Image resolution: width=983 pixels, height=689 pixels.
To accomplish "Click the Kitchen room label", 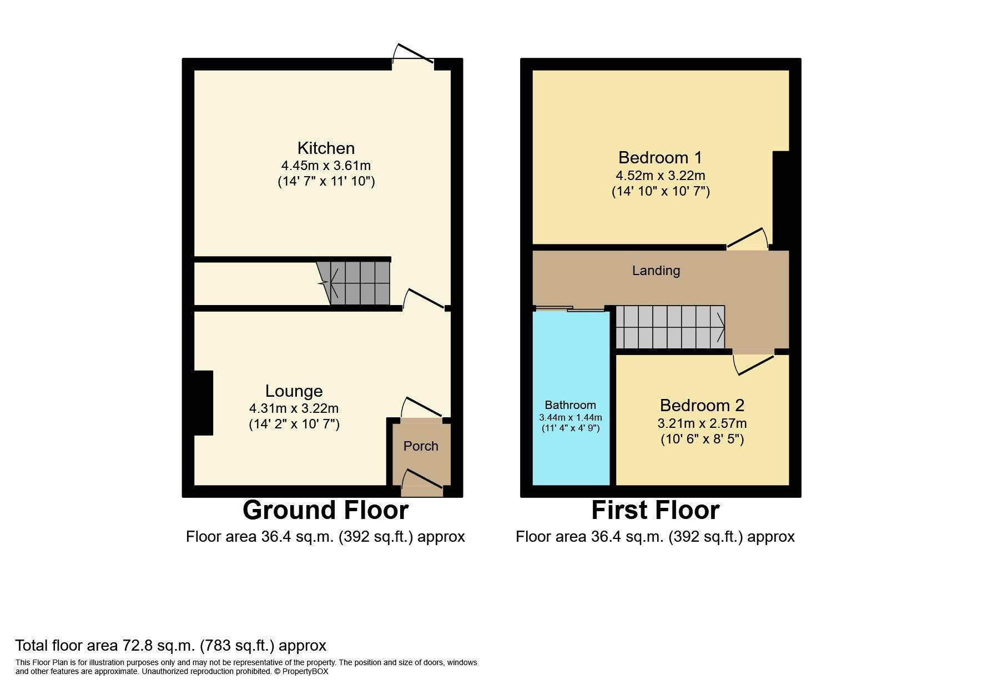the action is (x=326, y=148).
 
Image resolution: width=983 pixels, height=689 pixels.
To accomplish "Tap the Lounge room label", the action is (x=294, y=392).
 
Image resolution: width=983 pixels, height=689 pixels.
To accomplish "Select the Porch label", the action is (x=421, y=446).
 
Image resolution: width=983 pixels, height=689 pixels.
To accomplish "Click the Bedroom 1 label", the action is (x=660, y=158).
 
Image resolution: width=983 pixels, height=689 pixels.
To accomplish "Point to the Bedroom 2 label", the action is (x=702, y=405).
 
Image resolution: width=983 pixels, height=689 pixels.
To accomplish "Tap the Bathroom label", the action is (x=570, y=405).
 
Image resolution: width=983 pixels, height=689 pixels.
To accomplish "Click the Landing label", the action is (x=656, y=271).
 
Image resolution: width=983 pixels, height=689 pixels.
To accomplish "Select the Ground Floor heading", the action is (x=325, y=510).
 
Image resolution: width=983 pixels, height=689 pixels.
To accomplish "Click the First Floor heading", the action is (x=655, y=510).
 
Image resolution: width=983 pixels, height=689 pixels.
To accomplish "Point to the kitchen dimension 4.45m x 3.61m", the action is (x=326, y=166).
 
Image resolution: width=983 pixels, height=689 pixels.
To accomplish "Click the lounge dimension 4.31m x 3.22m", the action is (x=294, y=408).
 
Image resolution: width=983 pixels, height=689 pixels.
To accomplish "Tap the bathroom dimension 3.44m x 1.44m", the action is (x=570, y=417).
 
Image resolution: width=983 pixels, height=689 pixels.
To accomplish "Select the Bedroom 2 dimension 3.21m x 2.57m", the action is (x=702, y=423).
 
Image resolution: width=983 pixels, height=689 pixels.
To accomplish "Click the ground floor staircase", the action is (x=355, y=283).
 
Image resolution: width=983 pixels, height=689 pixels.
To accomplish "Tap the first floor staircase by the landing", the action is (x=670, y=327).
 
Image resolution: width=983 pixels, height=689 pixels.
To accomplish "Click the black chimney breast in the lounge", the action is (x=203, y=402).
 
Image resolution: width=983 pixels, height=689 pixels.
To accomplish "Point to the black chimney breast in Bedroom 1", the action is (x=781, y=198).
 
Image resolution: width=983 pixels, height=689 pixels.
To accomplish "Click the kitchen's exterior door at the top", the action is (x=414, y=57).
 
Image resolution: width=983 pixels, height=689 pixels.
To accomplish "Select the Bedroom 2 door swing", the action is (x=753, y=363).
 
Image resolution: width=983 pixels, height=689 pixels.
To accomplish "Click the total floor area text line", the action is (x=170, y=646).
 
